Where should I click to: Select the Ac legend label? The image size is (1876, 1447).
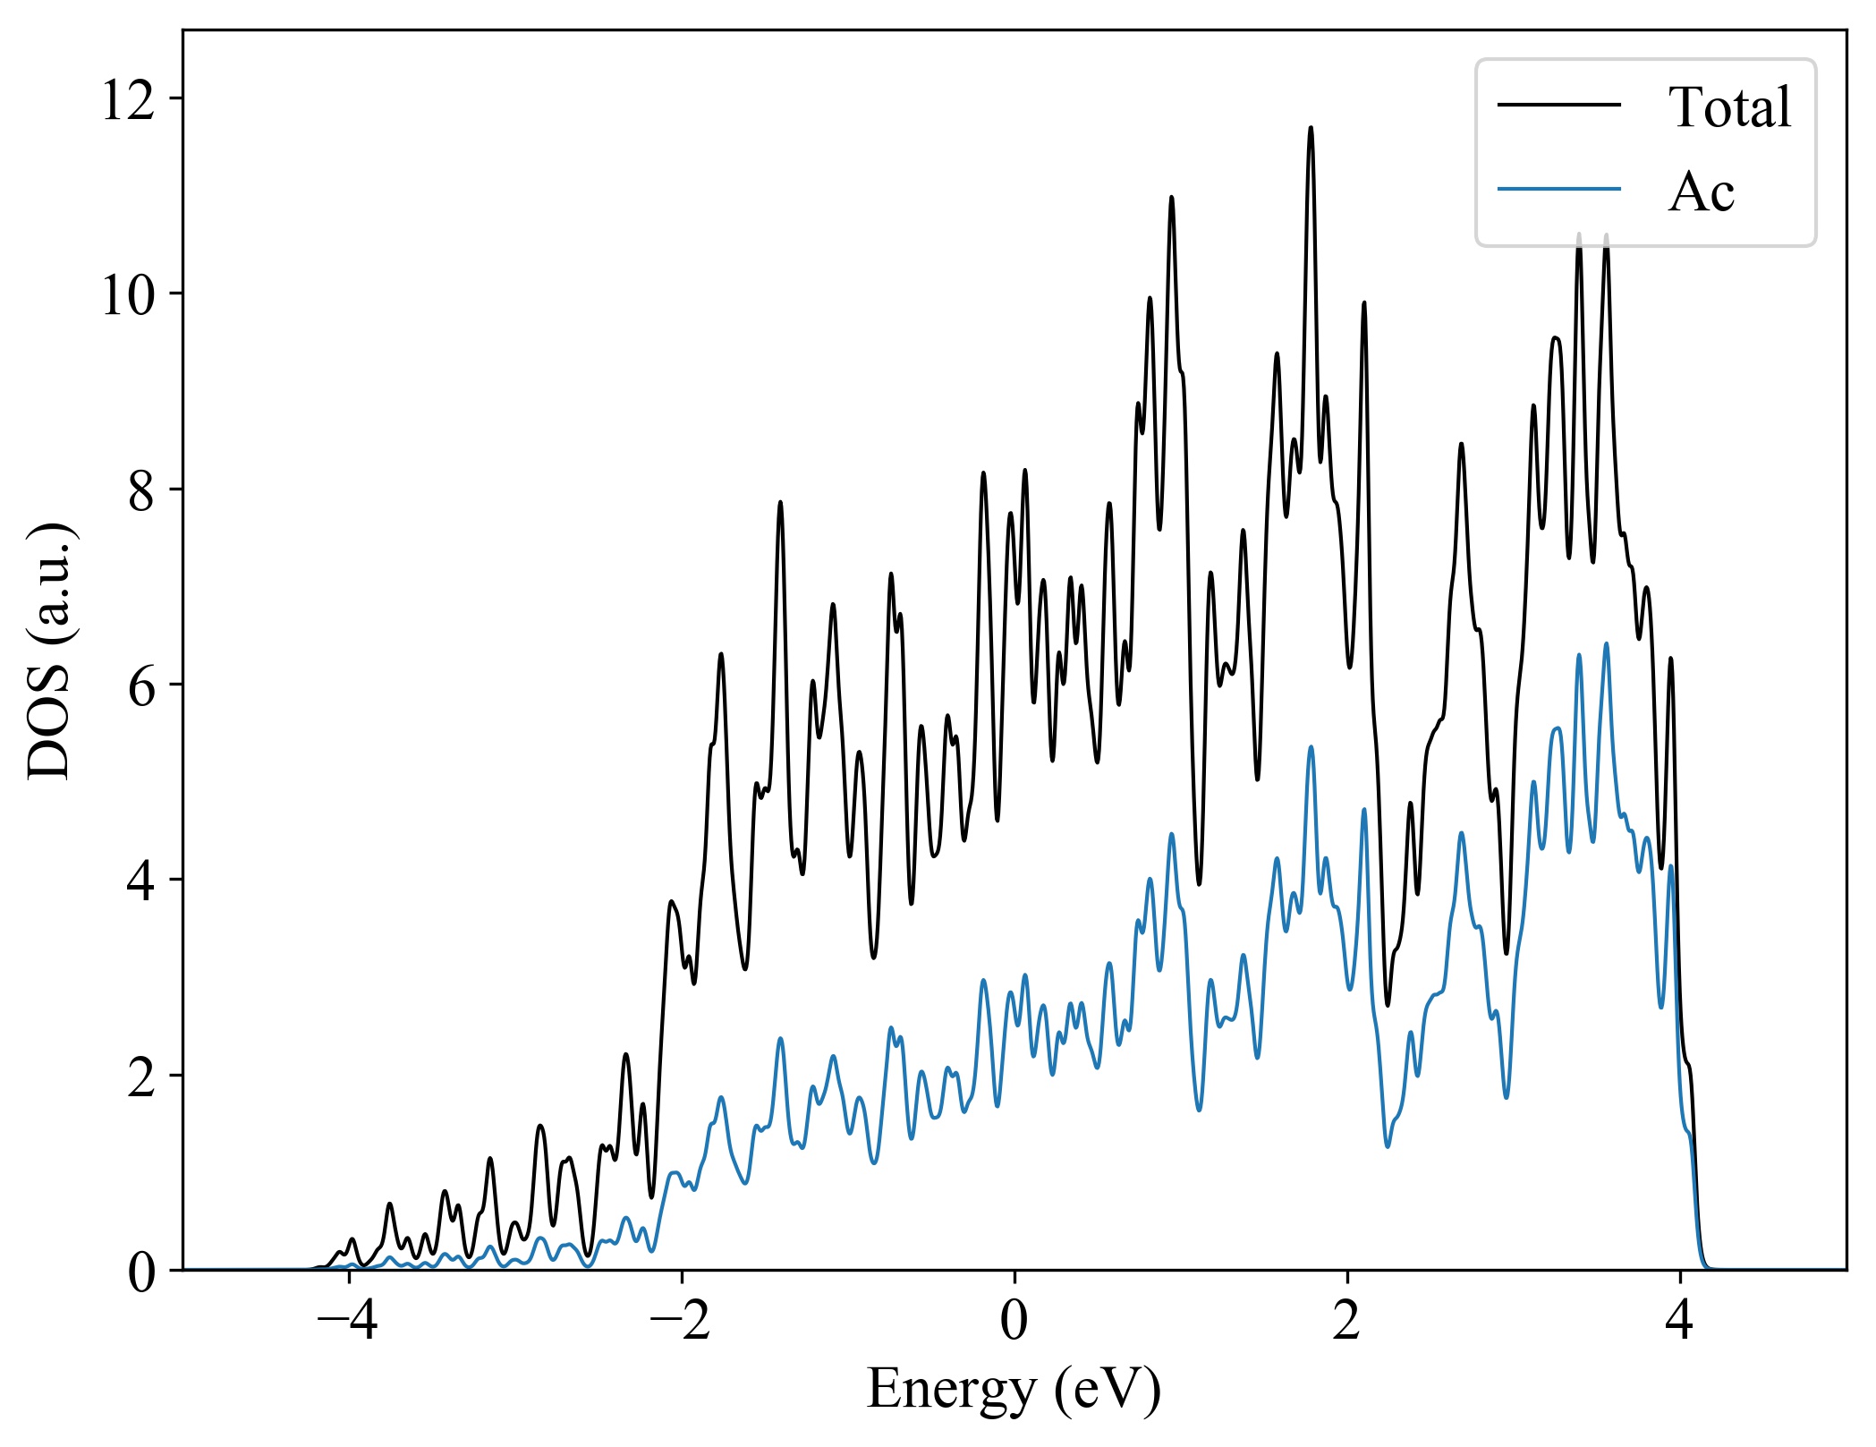click(x=1701, y=192)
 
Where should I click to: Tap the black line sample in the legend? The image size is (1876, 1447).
click(x=1558, y=106)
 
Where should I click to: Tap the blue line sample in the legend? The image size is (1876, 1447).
click(x=1558, y=189)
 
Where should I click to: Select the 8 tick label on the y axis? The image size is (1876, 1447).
click(x=141, y=489)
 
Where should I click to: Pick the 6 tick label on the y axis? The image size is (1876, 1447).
click(x=141, y=685)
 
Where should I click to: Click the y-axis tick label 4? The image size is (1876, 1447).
click(x=141, y=880)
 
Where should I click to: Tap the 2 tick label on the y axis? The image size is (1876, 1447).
click(x=141, y=1075)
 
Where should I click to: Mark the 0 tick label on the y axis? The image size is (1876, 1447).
click(x=141, y=1271)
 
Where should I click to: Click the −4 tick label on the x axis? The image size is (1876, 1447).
click(x=348, y=1320)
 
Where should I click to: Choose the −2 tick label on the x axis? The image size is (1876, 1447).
click(x=681, y=1320)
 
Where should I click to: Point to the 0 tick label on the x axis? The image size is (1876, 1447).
click(x=1014, y=1320)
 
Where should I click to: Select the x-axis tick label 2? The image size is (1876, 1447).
click(x=1347, y=1320)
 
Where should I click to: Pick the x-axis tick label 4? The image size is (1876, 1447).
click(x=1680, y=1320)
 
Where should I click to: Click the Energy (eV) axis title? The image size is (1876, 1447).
click(x=1014, y=1390)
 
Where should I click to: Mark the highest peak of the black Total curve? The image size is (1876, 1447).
click(x=1311, y=128)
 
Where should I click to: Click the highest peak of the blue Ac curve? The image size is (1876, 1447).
click(x=1606, y=643)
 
